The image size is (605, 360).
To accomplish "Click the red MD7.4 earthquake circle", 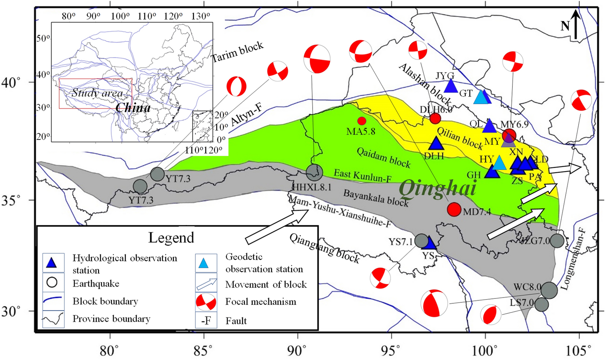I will point(454,209).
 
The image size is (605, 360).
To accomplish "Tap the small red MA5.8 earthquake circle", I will point(362,121).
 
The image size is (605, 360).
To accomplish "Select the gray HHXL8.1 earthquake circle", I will point(314,173).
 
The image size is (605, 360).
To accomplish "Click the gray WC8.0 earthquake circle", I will point(549,290).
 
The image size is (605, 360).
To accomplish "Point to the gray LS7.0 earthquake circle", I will point(541,304).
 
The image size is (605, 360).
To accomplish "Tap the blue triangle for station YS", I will point(429,243).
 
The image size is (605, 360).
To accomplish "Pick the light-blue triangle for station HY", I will point(500,163).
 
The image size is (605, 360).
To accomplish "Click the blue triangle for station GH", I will point(492,172).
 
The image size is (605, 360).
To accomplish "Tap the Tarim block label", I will point(238,52).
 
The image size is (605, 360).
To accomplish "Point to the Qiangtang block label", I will point(324,249).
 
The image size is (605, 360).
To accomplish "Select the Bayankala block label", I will point(375,198).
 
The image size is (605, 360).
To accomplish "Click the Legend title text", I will point(171,238).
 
